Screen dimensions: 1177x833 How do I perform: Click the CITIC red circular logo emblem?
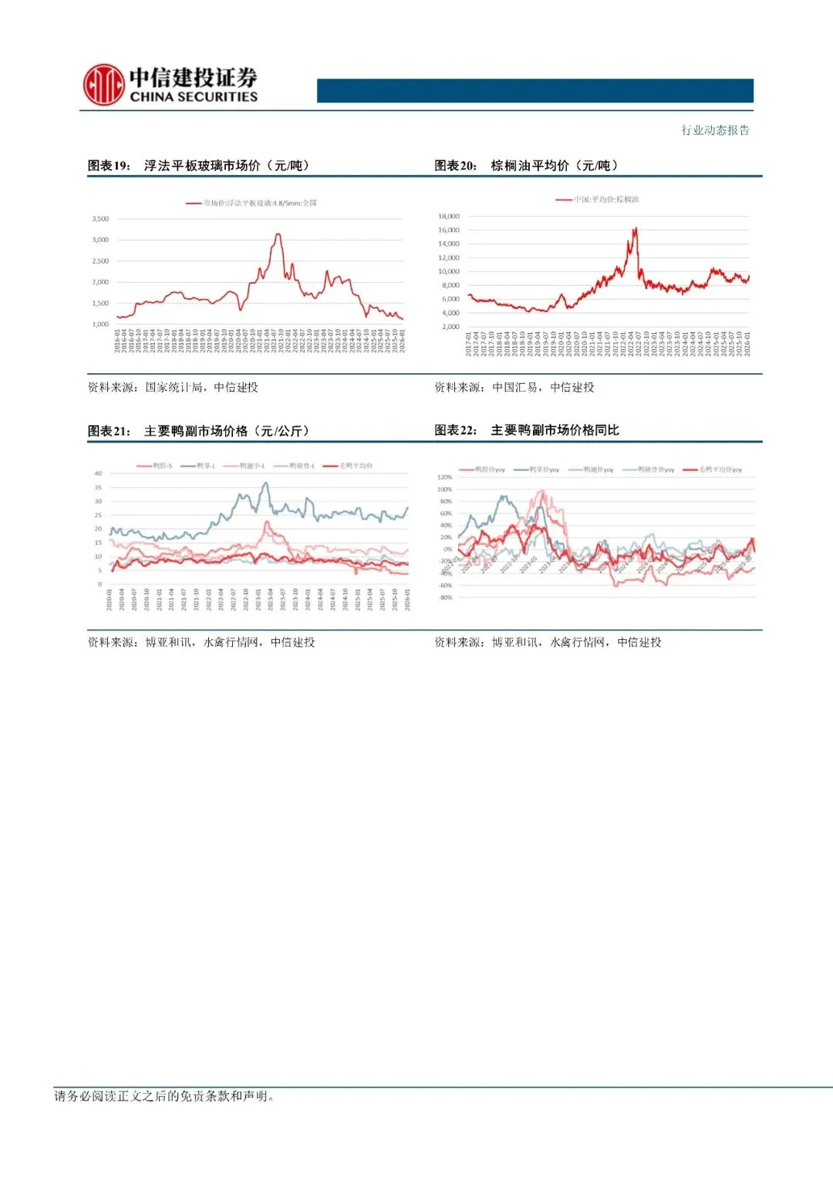(103, 85)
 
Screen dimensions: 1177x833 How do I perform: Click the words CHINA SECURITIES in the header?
(194, 97)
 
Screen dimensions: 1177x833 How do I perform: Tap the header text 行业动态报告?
(715, 130)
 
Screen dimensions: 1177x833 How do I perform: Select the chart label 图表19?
(109, 166)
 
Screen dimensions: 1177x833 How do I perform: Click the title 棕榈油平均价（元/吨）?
(554, 166)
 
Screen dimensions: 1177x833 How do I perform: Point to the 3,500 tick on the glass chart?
(100, 219)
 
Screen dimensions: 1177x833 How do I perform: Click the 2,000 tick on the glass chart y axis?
(100, 282)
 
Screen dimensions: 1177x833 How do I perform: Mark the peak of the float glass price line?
(278, 234)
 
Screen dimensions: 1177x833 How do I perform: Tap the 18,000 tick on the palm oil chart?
(448, 217)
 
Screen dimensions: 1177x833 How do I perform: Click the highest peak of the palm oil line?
(635, 228)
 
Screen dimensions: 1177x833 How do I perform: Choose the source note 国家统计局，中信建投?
(201, 387)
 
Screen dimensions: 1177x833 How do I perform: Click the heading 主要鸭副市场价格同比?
(555, 430)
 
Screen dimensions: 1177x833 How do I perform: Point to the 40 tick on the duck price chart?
(98, 473)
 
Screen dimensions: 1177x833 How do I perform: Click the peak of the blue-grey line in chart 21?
(267, 483)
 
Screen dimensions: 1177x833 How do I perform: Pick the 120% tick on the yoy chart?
(444, 477)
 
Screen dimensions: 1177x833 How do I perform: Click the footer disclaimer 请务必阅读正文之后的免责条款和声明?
(164, 1096)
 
